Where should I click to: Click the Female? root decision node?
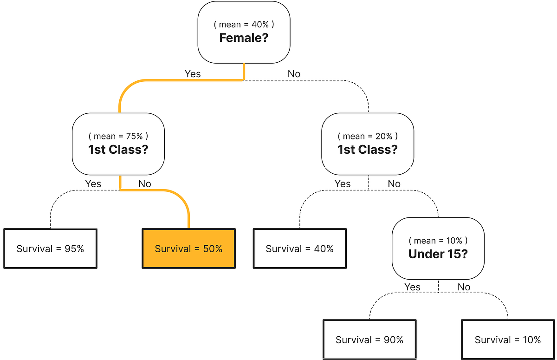coord(244,32)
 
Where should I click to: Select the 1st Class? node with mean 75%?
coord(118,144)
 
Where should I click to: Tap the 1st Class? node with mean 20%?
coord(367,144)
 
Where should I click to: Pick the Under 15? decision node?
coord(438,248)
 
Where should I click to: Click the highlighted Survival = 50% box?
coord(188,249)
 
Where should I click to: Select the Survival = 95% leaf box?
coord(50,249)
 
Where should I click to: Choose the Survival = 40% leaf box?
coord(299,249)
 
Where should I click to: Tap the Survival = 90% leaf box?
coord(369,340)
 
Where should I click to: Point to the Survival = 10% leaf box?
coord(508,340)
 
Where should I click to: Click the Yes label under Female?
coord(193,74)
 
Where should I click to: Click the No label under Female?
coord(294,74)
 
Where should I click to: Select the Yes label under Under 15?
coord(412,287)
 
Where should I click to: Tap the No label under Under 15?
coord(464,287)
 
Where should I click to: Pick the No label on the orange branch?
coord(144,184)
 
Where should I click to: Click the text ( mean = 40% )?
coord(244,25)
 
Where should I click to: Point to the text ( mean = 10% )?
coord(438,241)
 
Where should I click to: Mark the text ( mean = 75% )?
coord(118,136)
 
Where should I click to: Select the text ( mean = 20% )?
coord(367,136)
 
